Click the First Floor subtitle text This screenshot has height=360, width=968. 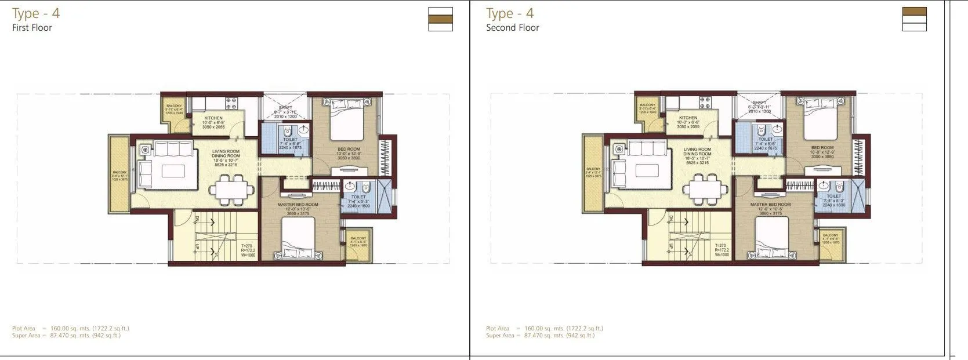point(32,27)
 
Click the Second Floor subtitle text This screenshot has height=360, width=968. point(512,27)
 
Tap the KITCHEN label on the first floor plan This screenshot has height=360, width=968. point(213,118)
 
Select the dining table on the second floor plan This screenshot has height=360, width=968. point(705,190)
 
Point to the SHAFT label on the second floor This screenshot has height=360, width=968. point(759,103)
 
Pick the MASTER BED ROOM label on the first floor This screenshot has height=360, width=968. point(299,205)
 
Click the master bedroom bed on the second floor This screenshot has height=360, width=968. point(771,240)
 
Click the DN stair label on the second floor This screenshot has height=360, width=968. point(670,219)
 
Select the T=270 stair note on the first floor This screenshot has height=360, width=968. point(246,245)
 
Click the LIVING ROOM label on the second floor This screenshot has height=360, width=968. point(697,150)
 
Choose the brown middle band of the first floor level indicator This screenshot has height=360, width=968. point(440,19)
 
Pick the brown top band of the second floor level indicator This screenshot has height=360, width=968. point(914,12)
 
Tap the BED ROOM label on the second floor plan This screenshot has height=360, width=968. point(822,148)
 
